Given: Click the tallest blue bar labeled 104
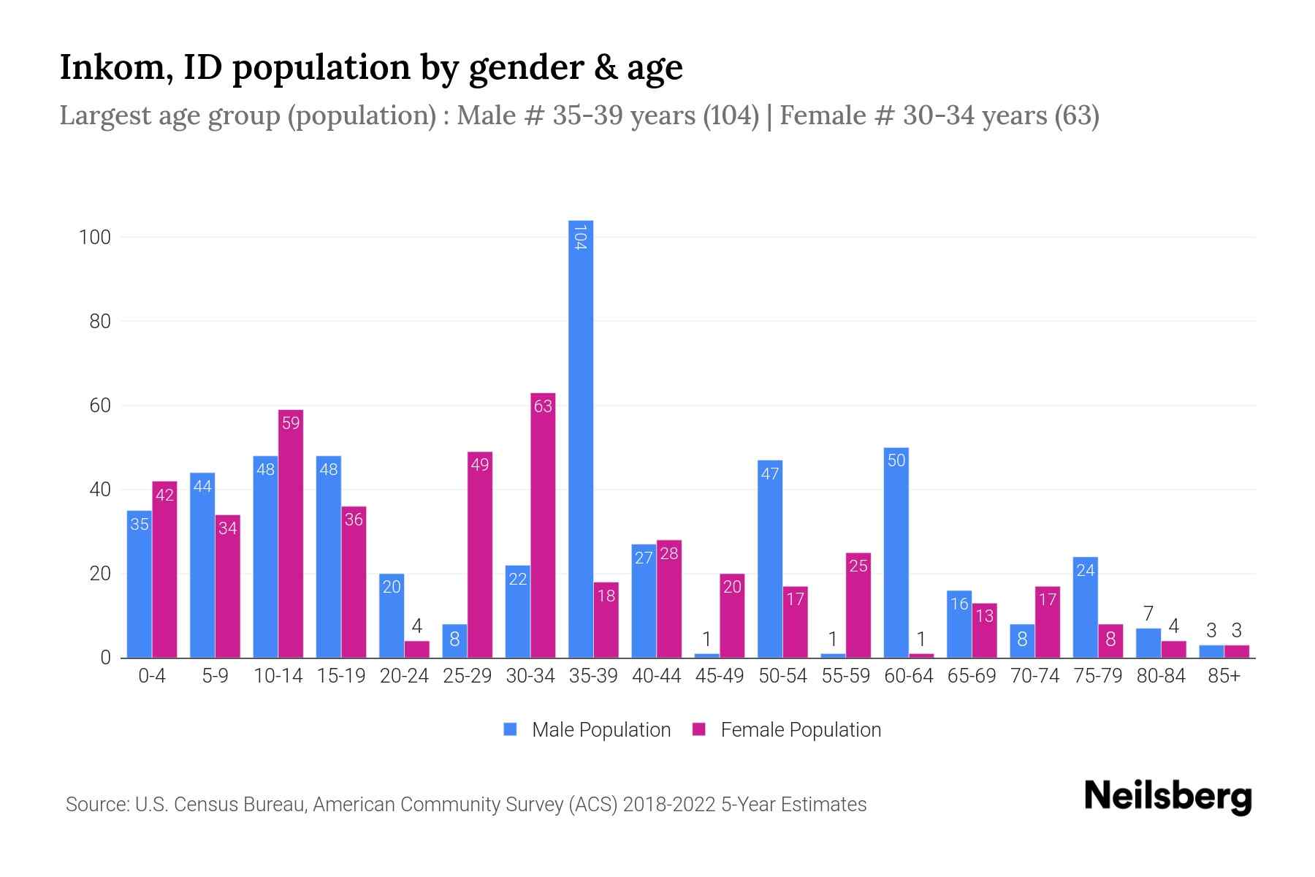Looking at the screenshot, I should (x=581, y=438).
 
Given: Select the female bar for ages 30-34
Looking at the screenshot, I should (x=543, y=526).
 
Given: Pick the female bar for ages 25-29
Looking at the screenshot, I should (x=480, y=555).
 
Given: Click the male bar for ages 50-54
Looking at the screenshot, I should (x=770, y=559).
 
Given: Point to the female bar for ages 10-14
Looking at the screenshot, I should (x=291, y=534).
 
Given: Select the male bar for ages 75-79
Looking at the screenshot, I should (x=1086, y=607).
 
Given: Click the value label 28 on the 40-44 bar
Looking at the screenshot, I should (x=669, y=553).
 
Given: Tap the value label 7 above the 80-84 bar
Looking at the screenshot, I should (x=1148, y=614).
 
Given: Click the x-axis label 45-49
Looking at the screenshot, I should (x=720, y=676).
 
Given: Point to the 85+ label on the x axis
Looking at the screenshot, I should (x=1224, y=676).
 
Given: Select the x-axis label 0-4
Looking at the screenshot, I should (x=152, y=676).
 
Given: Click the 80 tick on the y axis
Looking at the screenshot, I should (x=100, y=322).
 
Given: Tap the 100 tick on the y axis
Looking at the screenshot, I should (x=95, y=238).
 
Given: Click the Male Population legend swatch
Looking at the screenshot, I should (x=511, y=729).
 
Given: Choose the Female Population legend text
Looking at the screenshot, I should (x=801, y=729).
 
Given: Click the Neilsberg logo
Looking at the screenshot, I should (x=1168, y=797).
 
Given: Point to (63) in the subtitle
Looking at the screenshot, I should (x=1077, y=115).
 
